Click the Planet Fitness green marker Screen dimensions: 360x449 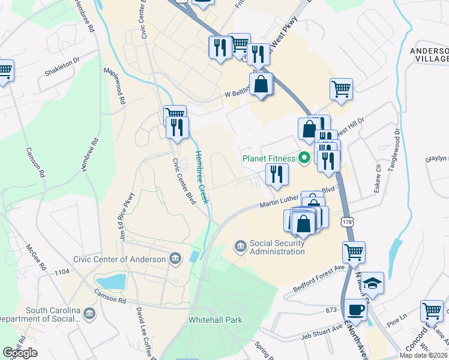[x=304, y=158]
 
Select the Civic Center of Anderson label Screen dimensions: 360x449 [x=119, y=259]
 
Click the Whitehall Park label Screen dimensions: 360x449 [x=215, y=320]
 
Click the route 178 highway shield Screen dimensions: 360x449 [x=347, y=222]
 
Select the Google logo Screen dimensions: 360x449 [x=20, y=353]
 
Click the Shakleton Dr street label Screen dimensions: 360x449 [x=62, y=67]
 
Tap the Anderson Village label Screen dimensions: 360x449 [x=429, y=55]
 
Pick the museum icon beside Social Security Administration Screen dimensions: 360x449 [x=240, y=247]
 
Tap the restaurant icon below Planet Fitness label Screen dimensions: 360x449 [x=277, y=174]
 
